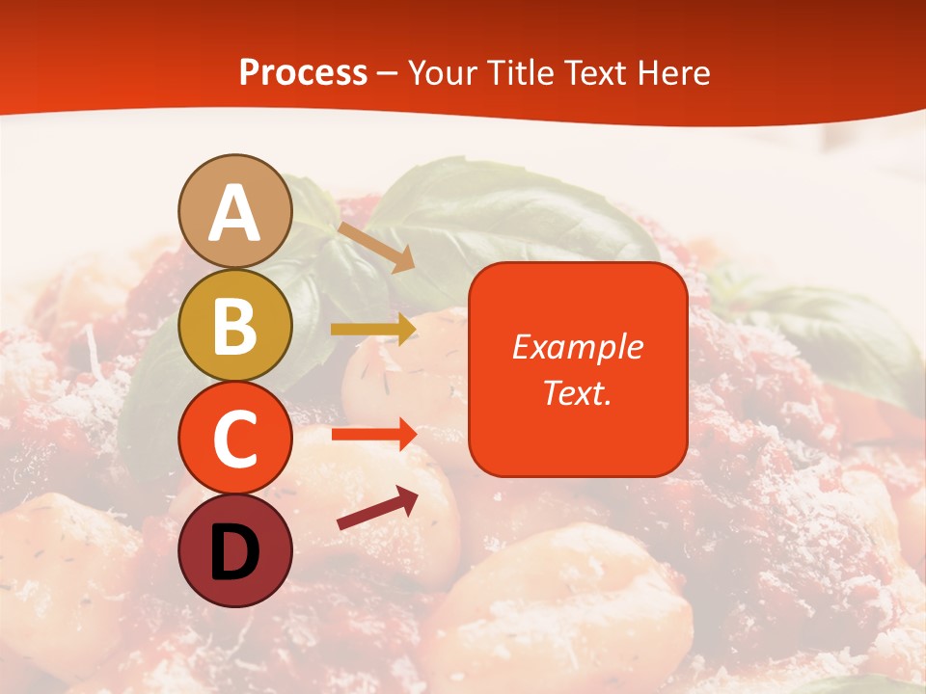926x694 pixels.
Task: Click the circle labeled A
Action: pos(235,212)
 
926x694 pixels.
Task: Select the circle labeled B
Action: pos(235,326)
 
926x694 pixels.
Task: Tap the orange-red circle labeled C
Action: pos(235,439)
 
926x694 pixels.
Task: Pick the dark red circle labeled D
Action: pos(235,550)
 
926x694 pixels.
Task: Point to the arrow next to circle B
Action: pos(373,330)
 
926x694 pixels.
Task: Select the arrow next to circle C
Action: pos(373,434)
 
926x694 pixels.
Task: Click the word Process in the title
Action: pos(303,73)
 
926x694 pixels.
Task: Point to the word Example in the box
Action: pos(578,347)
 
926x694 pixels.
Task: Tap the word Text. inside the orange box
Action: pos(578,392)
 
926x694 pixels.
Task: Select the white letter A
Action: pos(235,213)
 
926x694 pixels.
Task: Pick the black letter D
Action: pos(235,552)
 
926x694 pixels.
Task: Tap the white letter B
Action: pos(235,327)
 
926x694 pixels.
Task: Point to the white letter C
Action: pos(235,440)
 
